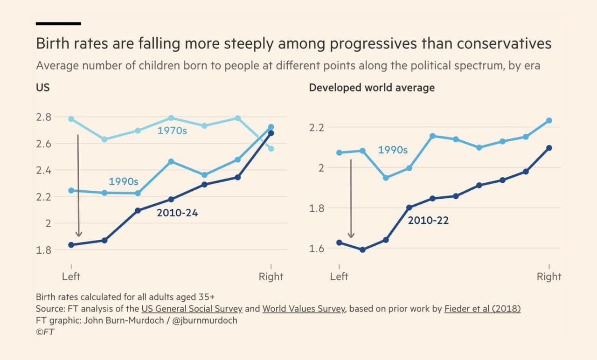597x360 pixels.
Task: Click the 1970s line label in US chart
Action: coord(172,131)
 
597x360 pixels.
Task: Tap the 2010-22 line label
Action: coord(428,221)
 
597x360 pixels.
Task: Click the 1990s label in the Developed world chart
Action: coord(393,150)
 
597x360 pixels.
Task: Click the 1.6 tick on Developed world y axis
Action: coord(317,248)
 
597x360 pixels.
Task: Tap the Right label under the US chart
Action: coord(271,277)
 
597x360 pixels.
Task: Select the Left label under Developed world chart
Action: coord(339,277)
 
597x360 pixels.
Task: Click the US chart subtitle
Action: coord(42,88)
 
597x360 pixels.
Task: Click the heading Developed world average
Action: coord(372,88)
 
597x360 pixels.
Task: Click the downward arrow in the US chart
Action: coord(78,187)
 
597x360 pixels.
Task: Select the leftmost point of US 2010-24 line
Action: coord(71,245)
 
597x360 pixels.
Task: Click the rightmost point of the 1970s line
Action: coord(271,149)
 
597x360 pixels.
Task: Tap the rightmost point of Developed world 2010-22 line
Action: coord(549,148)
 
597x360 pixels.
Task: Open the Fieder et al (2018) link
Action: coord(482,309)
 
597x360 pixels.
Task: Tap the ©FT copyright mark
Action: coord(46,332)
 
